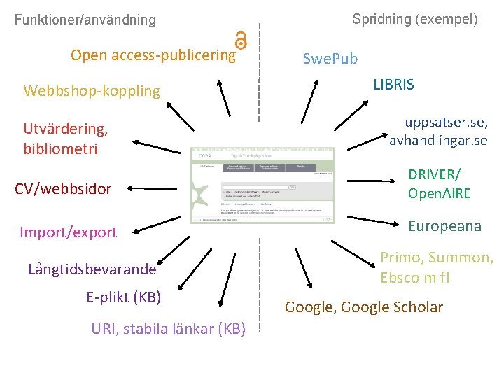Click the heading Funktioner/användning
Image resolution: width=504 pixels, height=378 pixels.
pyautogui.click(x=85, y=20)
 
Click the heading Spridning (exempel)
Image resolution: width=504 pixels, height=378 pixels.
pyautogui.click(x=415, y=19)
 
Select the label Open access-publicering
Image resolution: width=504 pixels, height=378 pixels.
pyautogui.click(x=153, y=55)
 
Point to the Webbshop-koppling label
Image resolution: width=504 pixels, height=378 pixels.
pyautogui.click(x=92, y=91)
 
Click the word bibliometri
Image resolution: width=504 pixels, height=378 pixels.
pyautogui.click(x=60, y=149)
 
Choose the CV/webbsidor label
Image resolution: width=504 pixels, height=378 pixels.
pyautogui.click(x=63, y=188)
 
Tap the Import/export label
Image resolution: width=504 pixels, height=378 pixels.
pyautogui.click(x=69, y=232)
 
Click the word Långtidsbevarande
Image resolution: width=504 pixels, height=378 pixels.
pyautogui.click(x=92, y=269)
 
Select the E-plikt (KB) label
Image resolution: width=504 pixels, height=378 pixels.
pyautogui.click(x=124, y=297)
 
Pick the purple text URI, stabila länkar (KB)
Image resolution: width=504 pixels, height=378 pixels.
pyautogui.click(x=168, y=328)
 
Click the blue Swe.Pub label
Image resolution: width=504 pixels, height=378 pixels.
pyautogui.click(x=330, y=59)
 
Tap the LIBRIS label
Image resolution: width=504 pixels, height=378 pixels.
pyautogui.click(x=393, y=85)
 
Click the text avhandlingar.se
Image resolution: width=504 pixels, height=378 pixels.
pyautogui.click(x=438, y=140)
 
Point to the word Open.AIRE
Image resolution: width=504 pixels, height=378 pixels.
pyautogui.click(x=440, y=193)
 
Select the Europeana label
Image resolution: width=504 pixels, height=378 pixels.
pyautogui.click(x=445, y=226)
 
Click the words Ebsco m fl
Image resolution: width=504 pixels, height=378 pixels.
pyautogui.click(x=415, y=277)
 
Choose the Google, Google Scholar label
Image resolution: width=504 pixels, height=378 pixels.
pyautogui.click(x=364, y=307)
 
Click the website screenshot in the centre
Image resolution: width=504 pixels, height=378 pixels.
pyautogui.click(x=263, y=185)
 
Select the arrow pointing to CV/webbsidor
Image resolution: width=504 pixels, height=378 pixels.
pyautogui.click(x=158, y=188)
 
